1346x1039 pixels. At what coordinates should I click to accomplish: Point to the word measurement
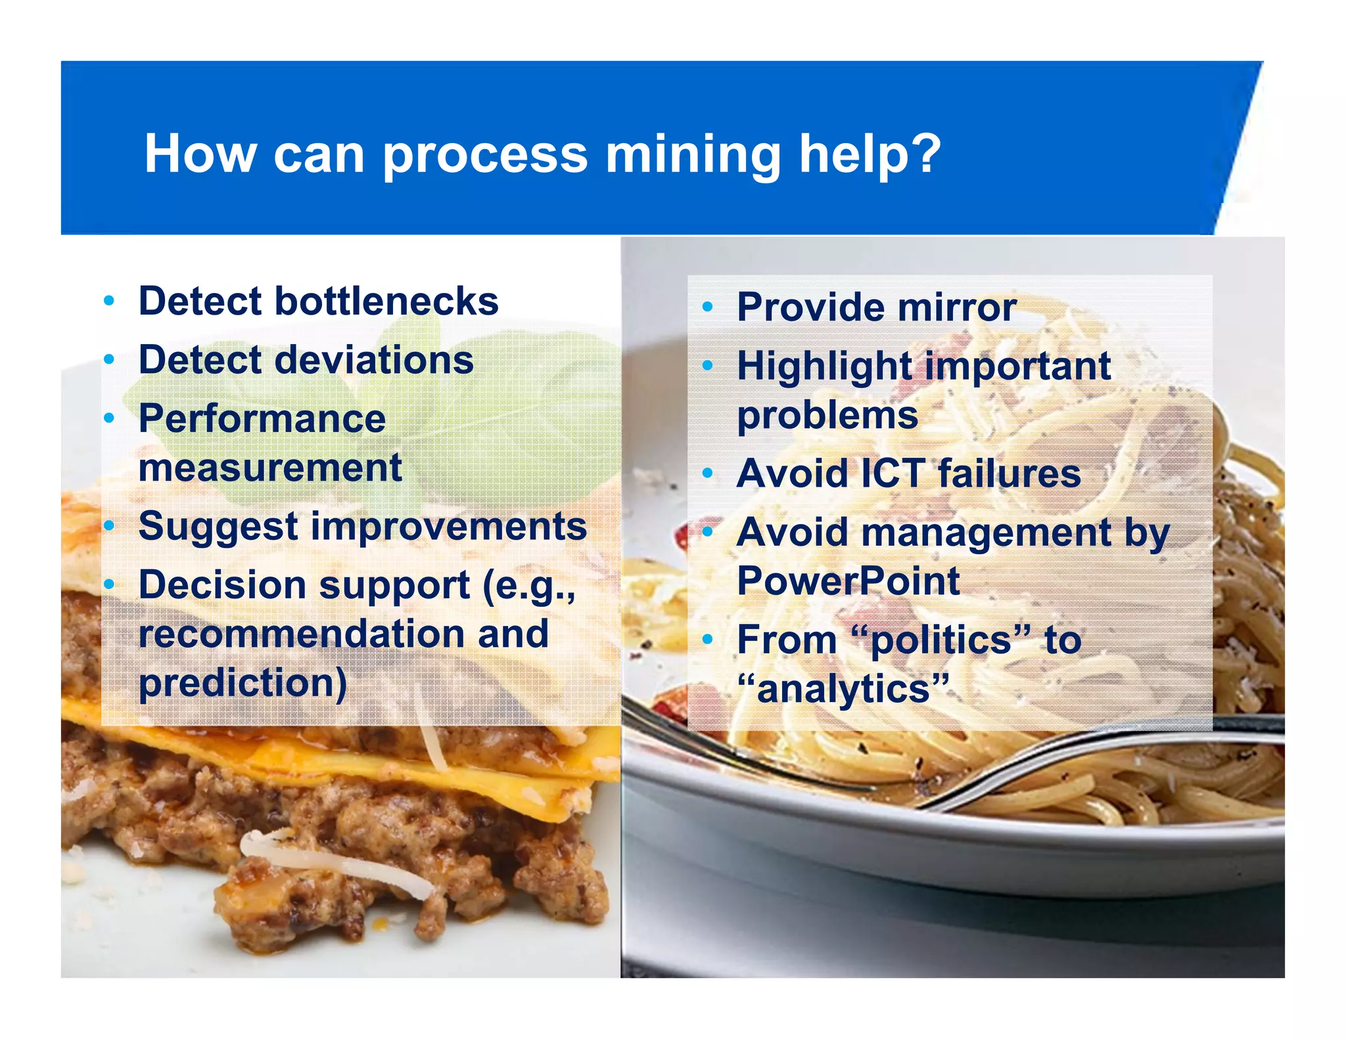(269, 468)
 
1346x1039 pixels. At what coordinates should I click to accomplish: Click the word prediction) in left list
(243, 684)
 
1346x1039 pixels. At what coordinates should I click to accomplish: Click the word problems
(827, 416)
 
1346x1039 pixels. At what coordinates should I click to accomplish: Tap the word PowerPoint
(848, 581)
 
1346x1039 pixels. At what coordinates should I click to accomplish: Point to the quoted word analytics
(843, 689)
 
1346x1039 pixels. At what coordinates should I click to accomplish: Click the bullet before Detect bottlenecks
(109, 301)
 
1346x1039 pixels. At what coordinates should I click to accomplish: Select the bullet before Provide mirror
(707, 307)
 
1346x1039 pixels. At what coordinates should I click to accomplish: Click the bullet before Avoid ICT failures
(707, 473)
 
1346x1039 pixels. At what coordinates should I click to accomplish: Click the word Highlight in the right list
(827, 366)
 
